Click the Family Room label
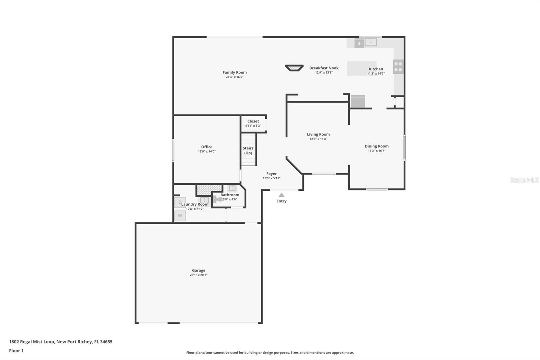[235, 72]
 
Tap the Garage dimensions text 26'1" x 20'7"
[198, 275]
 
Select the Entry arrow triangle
[281, 195]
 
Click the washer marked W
[180, 216]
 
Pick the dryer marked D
[180, 202]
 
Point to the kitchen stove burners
[398, 67]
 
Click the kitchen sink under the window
[371, 42]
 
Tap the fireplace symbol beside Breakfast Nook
[294, 68]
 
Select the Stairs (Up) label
[248, 151]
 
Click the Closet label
[253, 121]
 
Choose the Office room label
[207, 147]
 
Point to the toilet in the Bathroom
[218, 200]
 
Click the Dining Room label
[377, 146]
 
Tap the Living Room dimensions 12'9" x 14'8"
[318, 139]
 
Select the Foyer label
[271, 174]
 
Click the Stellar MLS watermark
[524, 180]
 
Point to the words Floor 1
[16, 351]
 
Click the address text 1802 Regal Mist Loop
[32, 341]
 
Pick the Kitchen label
[376, 69]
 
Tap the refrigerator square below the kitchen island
[358, 102]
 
